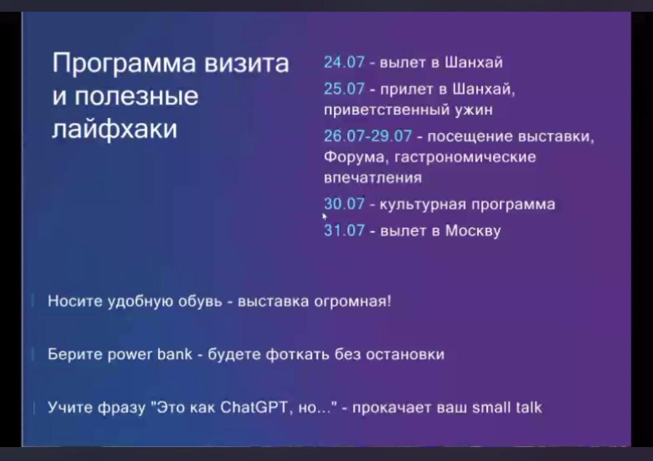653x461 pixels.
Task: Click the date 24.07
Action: point(344,62)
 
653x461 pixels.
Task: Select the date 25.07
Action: point(344,89)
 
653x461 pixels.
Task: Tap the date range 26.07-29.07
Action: point(368,136)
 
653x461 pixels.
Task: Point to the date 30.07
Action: point(344,204)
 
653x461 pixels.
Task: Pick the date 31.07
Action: point(344,231)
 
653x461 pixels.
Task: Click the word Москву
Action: point(473,231)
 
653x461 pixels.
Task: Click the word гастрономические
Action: point(465,157)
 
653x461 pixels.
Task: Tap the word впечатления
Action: point(373,178)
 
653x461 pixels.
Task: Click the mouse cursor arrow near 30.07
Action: point(324,216)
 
